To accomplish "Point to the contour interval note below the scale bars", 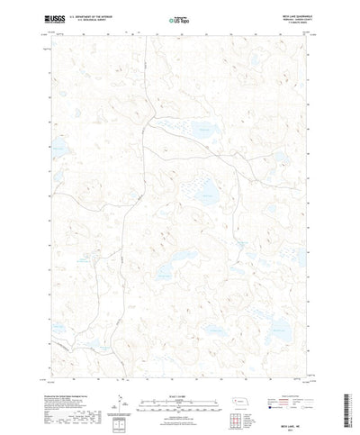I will (x=178, y=389).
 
